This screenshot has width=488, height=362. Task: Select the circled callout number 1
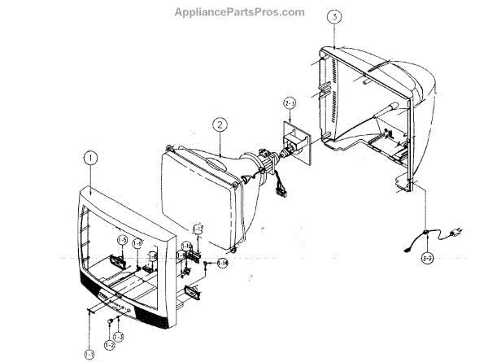click(x=91, y=158)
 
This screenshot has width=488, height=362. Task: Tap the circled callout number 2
click(x=219, y=124)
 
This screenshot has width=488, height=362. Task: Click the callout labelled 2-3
click(x=290, y=102)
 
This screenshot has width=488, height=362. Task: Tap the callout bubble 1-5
click(x=122, y=240)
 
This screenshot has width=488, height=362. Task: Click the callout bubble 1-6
click(x=138, y=243)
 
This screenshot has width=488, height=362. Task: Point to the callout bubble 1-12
click(x=197, y=229)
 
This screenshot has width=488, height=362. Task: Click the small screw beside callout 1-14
click(x=208, y=263)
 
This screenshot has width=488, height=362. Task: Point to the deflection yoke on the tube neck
click(x=261, y=159)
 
